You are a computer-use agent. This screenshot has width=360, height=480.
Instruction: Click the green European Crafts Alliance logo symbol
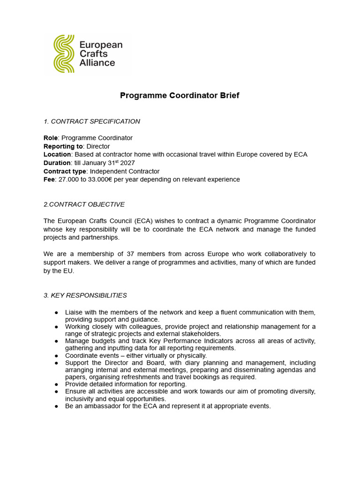(x=64, y=53)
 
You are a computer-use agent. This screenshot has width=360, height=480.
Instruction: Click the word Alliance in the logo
(x=97, y=63)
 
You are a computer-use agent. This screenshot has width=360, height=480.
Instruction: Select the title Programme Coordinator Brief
(x=180, y=96)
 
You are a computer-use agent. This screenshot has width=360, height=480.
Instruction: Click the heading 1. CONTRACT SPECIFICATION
(x=92, y=121)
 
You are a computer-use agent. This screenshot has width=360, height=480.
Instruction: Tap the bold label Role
(x=51, y=138)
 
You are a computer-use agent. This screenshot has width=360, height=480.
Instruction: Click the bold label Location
(x=57, y=155)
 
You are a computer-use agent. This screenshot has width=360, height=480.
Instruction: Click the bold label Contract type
(x=65, y=172)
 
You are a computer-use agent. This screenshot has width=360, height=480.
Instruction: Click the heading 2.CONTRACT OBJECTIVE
(x=84, y=204)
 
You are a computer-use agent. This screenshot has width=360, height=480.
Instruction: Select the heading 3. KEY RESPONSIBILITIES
(x=85, y=295)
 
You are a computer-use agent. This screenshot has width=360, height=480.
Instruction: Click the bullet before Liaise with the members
(x=56, y=312)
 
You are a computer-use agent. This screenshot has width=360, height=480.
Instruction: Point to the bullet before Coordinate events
(x=56, y=356)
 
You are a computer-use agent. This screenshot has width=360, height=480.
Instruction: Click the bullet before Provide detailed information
(x=56, y=384)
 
